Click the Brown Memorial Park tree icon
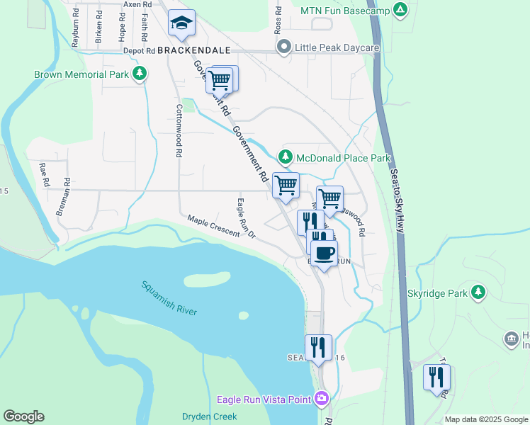pyautogui.click(x=140, y=74)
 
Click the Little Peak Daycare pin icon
pyautogui.click(x=284, y=47)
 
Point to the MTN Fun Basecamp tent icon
pyautogui.click(x=400, y=11)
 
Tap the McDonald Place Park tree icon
pyautogui.click(x=285, y=158)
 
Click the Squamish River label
pyautogui.click(x=169, y=298)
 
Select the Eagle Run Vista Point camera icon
pyautogui.click(x=322, y=399)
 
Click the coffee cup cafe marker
pyautogui.click(x=325, y=254)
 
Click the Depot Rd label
pyautogui.click(x=139, y=51)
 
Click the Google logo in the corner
pyautogui.click(x=23, y=416)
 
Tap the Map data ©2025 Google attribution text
pyautogui.click(x=485, y=419)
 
